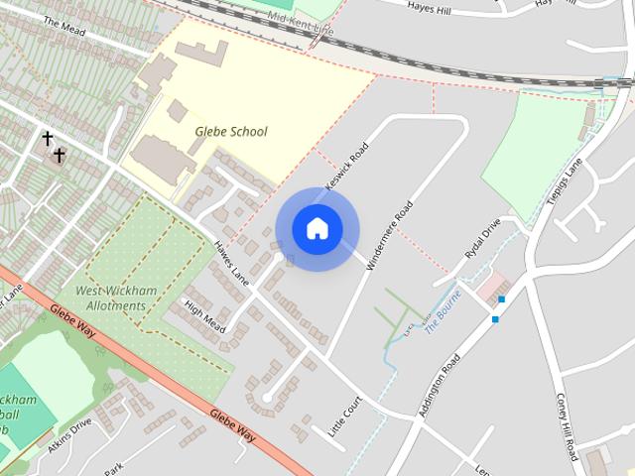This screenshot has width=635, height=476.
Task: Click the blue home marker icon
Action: click(317, 228)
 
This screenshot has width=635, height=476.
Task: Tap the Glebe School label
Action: click(230, 131)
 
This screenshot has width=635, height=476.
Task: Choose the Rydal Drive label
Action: click(483, 239)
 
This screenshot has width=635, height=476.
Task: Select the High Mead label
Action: click(205, 315)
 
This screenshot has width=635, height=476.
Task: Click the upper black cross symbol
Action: click(47, 138)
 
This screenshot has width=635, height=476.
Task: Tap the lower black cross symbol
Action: click(60, 155)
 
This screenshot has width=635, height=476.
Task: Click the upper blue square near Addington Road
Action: click(502, 298)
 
